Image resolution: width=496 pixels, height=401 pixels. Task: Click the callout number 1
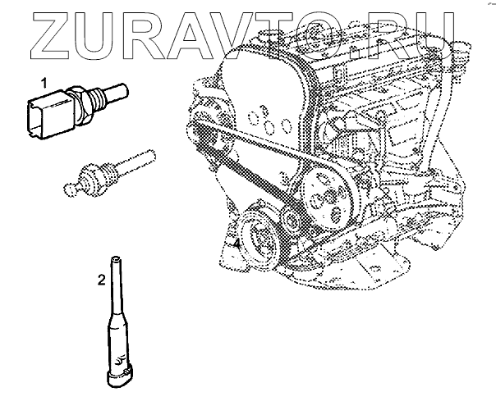(44, 84)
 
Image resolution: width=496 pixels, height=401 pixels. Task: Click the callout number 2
(101, 280)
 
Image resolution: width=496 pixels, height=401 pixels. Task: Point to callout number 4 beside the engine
(237, 244)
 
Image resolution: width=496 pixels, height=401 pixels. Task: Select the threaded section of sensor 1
(95, 98)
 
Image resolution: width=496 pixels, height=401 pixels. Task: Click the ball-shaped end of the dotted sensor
(70, 189)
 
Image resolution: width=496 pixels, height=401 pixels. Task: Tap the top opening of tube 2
(115, 257)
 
